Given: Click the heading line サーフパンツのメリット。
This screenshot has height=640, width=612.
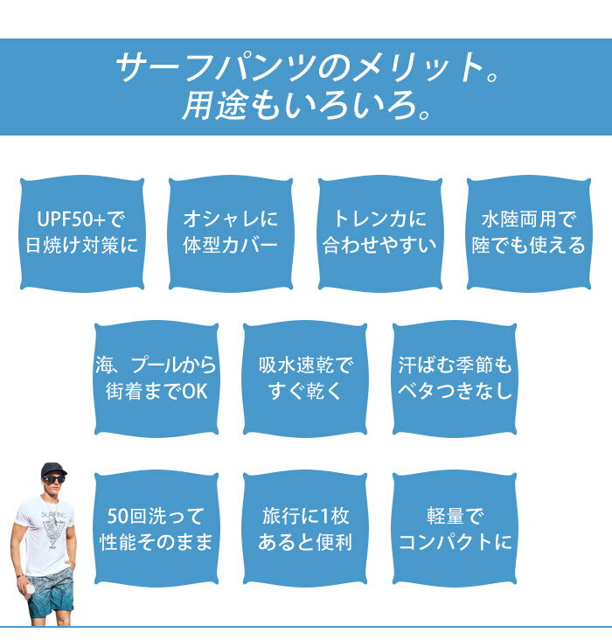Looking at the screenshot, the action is point(307,67).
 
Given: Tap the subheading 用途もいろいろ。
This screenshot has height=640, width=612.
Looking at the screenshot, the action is point(306,105).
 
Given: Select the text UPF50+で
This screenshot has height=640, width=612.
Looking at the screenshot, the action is point(81,219).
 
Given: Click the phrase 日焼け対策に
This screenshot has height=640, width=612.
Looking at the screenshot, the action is point(81,246).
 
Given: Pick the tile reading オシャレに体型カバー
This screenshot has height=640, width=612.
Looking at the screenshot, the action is point(231,233).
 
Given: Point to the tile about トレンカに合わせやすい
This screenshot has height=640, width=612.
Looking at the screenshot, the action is point(380,233).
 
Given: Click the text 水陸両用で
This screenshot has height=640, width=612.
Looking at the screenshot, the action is point(529,219).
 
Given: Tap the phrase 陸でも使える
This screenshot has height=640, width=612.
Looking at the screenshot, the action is point(529,246).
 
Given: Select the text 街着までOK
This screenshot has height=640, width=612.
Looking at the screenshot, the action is point(156,392).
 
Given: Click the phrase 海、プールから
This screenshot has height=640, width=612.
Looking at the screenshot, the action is point(156,365).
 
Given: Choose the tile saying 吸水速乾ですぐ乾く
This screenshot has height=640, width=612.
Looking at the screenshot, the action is point(305,379).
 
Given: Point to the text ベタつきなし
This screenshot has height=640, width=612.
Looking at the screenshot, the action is point(455,391).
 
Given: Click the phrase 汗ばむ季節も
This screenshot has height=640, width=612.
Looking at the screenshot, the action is point(455,365).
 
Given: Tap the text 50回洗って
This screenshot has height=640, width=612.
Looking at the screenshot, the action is point(156,516).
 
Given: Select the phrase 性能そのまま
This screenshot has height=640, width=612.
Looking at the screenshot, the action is point(156,542).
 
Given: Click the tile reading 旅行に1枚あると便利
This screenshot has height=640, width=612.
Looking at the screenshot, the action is point(305,529).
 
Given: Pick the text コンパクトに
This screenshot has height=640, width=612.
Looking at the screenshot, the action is point(455,542).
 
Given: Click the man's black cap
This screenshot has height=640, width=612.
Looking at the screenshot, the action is point(53,470).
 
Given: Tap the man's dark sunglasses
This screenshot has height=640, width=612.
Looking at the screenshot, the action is point(53,480).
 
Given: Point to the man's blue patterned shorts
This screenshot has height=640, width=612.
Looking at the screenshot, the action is point(51,593).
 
